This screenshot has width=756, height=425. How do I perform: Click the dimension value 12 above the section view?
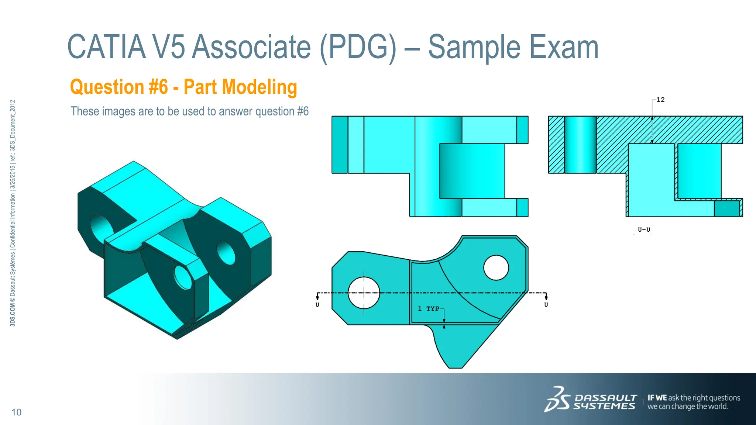pyautogui.click(x=660, y=100)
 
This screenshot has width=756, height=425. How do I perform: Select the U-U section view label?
pyautogui.click(x=644, y=229)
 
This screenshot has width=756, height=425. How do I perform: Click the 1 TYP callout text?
pyautogui.click(x=429, y=308)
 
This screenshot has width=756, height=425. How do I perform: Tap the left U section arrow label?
pyautogui.click(x=317, y=305)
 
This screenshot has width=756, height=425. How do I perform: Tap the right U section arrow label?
pyautogui.click(x=546, y=305)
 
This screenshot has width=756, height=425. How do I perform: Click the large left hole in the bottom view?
pyautogui.click(x=364, y=293)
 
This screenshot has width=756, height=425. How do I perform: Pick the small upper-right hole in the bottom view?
pyautogui.click(x=496, y=267)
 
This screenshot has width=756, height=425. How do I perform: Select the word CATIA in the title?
pyautogui.click(x=107, y=47)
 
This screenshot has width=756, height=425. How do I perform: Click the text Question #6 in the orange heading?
pyautogui.click(x=119, y=87)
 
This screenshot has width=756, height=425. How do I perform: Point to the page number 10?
pyautogui.click(x=16, y=412)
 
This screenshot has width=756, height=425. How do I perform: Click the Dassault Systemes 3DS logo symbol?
pyautogui.click(x=557, y=399)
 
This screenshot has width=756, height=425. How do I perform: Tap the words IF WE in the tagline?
pyautogui.click(x=657, y=398)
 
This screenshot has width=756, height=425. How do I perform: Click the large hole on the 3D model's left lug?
pyautogui.click(x=101, y=228)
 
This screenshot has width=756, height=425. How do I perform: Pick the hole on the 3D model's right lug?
pyautogui.click(x=226, y=252)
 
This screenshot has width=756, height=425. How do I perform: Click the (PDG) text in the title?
pyautogui.click(x=358, y=47)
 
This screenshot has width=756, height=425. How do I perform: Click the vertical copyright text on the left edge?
pyautogui.click(x=13, y=213)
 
